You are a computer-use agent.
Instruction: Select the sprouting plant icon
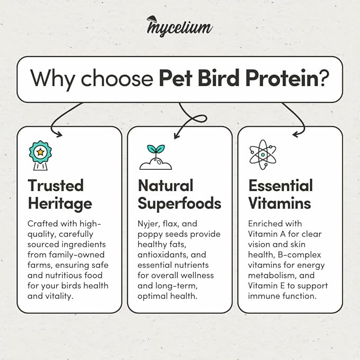pos(156,157)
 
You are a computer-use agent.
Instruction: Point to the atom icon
pos(262,152)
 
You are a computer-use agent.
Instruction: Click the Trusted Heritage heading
pos(59,194)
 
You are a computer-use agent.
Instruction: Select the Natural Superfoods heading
pos(179,194)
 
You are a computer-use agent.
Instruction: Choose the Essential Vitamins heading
pos(280,194)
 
